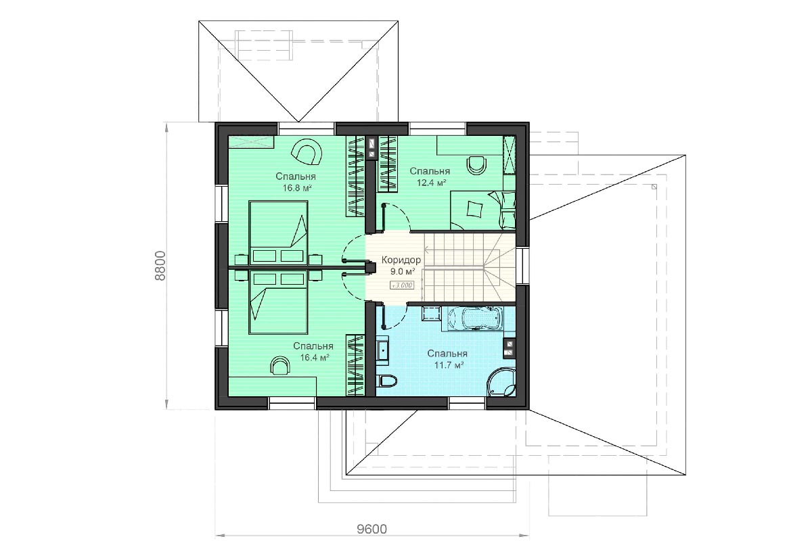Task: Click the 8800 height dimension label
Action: [x=160, y=266]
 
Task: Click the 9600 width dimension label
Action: [x=372, y=529]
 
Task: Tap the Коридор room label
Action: [x=401, y=260]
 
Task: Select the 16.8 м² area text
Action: [x=297, y=188]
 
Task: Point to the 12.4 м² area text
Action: [x=431, y=183]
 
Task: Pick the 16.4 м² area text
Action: [x=315, y=358]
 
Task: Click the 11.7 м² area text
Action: [x=449, y=365]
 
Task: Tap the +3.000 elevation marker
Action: [x=402, y=285]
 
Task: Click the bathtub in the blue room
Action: [x=474, y=319]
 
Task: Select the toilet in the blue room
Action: [x=387, y=381]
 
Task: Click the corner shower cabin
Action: [x=501, y=383]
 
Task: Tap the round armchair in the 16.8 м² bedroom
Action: [x=307, y=152]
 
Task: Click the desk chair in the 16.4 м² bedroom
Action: [x=280, y=365]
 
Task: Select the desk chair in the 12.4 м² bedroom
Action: [x=476, y=165]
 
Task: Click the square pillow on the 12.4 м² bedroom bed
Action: [x=474, y=209]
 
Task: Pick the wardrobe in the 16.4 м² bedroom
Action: [x=355, y=365]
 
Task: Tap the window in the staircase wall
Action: [x=522, y=266]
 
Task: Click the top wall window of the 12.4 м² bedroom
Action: [x=438, y=128]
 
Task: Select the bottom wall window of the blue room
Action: [x=467, y=403]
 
